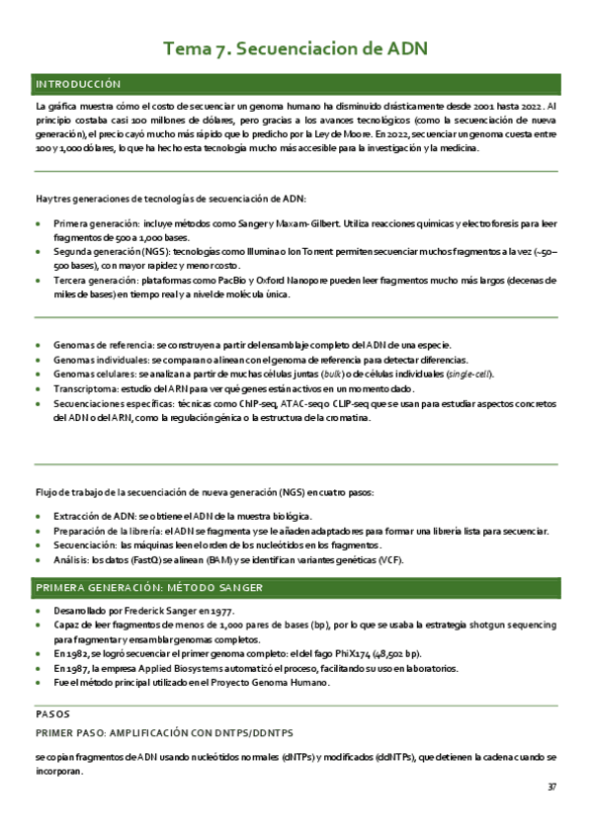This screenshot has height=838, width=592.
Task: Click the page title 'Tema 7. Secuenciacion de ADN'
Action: tap(296, 48)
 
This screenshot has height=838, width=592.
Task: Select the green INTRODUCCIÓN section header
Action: tap(78, 84)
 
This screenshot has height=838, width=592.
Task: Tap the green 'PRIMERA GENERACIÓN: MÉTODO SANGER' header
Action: tap(148, 588)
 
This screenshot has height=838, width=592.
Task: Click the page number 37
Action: tap(551, 788)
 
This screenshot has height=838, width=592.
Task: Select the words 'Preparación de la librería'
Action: tap(111, 531)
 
